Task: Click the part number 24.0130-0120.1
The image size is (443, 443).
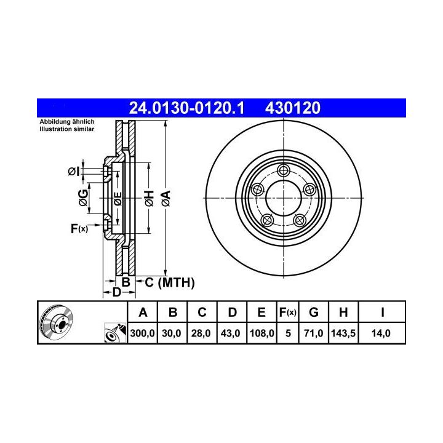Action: coord(186,108)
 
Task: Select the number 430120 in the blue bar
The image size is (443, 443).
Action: coord(293,108)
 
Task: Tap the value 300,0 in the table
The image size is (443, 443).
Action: coord(142,333)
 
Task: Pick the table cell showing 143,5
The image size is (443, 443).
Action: coord(343,333)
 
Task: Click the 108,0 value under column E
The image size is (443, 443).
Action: coord(262,333)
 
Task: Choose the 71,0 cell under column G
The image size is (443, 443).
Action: coord(314,333)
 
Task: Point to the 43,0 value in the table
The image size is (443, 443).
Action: coord(231,333)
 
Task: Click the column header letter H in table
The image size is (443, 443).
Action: coord(343,313)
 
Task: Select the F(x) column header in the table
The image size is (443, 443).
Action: coord(287,313)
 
